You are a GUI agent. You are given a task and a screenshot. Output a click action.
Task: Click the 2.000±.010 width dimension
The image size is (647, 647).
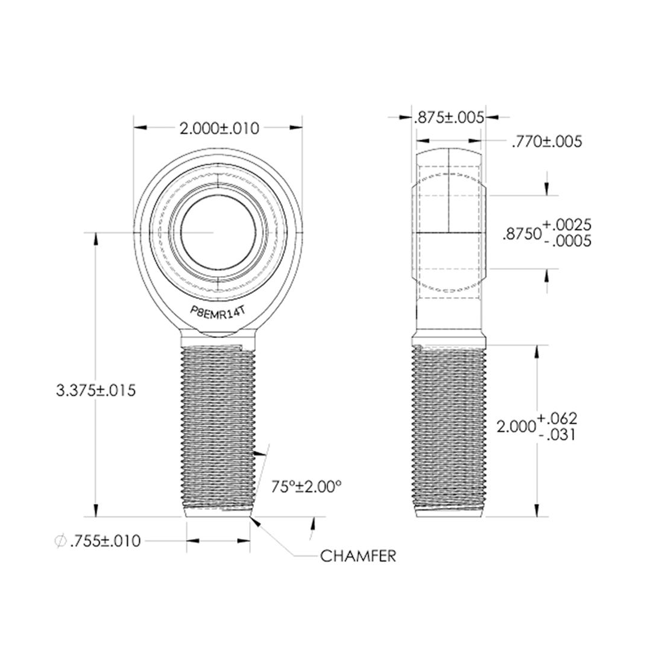click(x=219, y=128)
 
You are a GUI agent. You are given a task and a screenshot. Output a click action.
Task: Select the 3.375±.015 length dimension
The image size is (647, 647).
click(x=96, y=391)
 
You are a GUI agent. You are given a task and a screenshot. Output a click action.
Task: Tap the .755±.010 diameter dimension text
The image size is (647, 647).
click(x=105, y=542)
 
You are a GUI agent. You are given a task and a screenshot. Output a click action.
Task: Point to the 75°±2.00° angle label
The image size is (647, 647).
click(x=306, y=486)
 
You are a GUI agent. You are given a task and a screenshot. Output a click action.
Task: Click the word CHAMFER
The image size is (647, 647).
click(x=358, y=556)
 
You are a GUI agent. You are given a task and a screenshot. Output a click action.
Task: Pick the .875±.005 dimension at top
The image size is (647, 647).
click(x=449, y=118)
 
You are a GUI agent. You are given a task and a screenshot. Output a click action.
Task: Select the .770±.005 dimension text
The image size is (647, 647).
click(x=546, y=143)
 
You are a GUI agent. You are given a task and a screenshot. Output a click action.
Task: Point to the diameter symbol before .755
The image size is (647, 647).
click(x=60, y=542)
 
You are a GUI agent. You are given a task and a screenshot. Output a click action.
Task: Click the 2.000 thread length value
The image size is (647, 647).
click(x=516, y=427)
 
